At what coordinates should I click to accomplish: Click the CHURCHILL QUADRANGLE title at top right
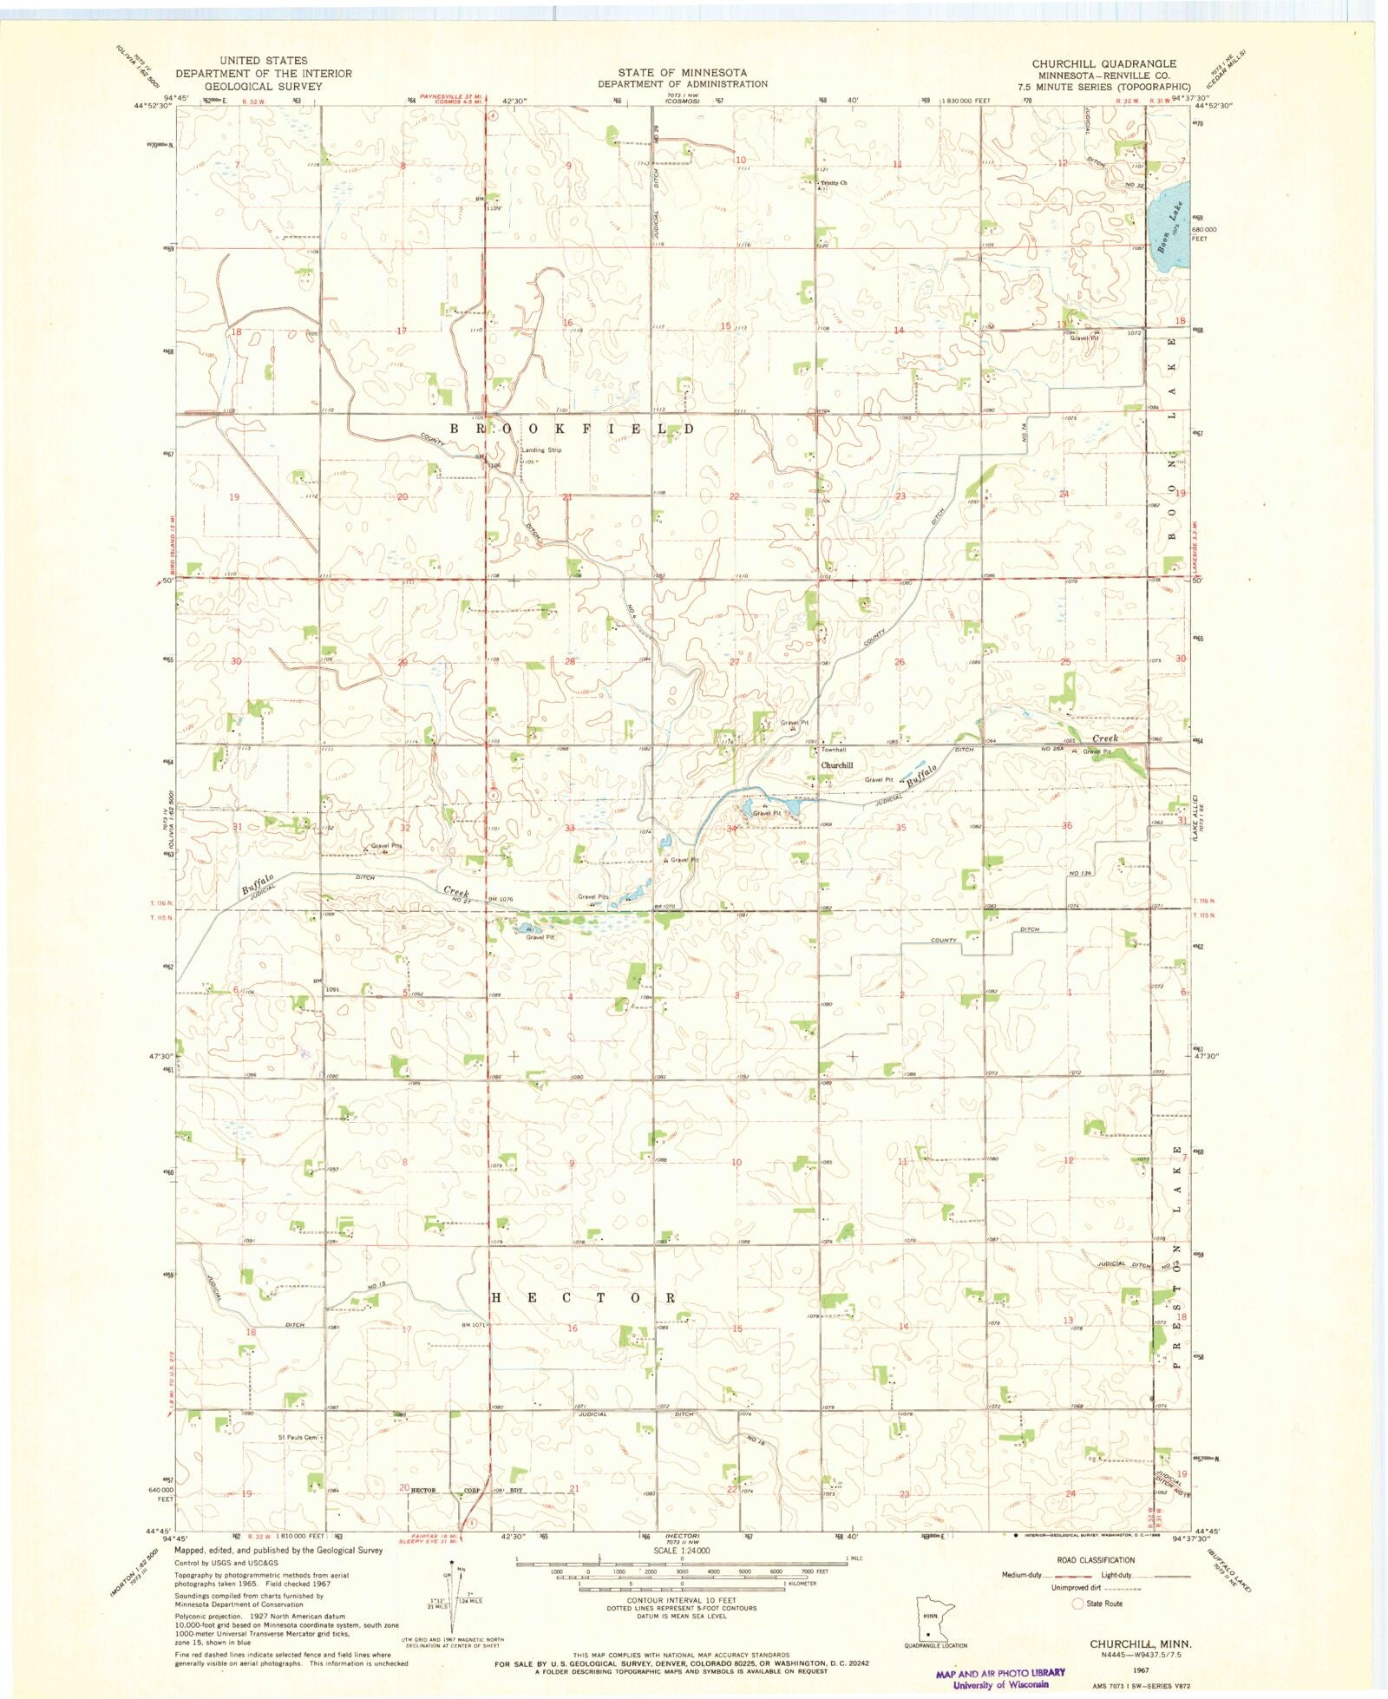point(1103,64)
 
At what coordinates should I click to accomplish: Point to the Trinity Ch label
point(834,183)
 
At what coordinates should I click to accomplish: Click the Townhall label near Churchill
point(834,750)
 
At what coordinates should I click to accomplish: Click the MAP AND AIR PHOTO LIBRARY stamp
point(1000,1673)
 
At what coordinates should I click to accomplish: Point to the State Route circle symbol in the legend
point(1078,1604)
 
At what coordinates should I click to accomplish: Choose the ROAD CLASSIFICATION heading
point(1095,1559)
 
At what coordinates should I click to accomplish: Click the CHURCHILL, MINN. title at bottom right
point(1140,1643)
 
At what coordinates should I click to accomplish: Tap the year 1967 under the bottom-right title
point(1141,1669)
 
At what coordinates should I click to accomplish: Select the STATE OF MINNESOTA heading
point(682,72)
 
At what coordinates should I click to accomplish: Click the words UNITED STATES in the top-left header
point(263,61)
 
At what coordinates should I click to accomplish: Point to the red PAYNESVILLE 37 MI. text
point(451,95)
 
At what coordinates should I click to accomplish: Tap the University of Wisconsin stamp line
point(1000,1685)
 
